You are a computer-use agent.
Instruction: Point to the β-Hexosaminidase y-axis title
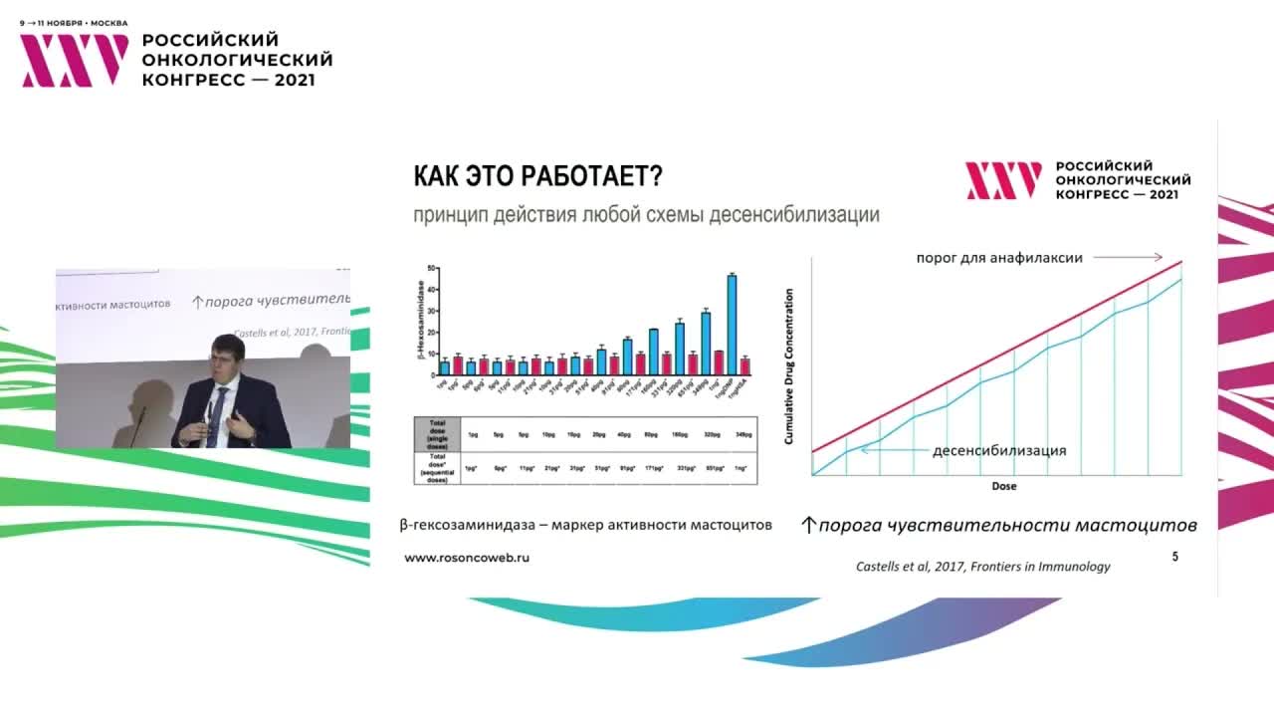click(x=420, y=320)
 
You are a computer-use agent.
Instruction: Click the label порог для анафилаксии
click(x=999, y=257)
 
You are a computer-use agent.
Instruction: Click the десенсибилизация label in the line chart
click(x=998, y=450)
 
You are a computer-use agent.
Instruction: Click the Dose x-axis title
click(x=1003, y=486)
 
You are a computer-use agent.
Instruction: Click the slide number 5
click(x=1174, y=557)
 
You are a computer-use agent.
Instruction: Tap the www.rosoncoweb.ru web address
click(x=466, y=558)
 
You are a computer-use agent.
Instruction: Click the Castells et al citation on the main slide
click(x=982, y=566)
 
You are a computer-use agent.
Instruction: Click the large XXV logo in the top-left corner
click(x=75, y=60)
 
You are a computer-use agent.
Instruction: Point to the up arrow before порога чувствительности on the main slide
click(x=808, y=525)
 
